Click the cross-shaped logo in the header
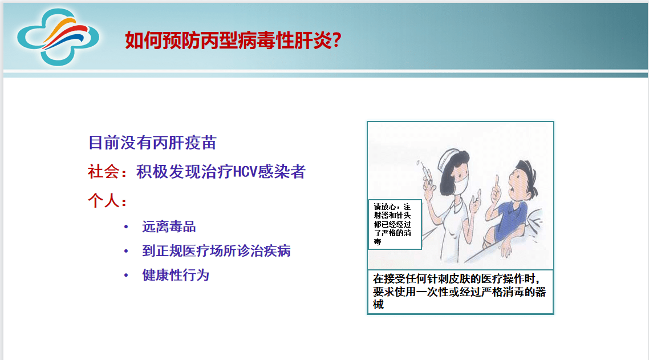click(57, 37)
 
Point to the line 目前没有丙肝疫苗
click(152, 142)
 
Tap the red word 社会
click(103, 172)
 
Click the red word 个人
click(103, 201)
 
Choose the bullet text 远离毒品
click(169, 227)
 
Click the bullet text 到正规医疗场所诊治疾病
click(216, 251)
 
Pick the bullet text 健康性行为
click(176, 276)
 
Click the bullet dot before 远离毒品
click(126, 228)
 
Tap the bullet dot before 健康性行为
click(126, 276)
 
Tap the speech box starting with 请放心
click(394, 224)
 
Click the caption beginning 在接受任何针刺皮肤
click(460, 292)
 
